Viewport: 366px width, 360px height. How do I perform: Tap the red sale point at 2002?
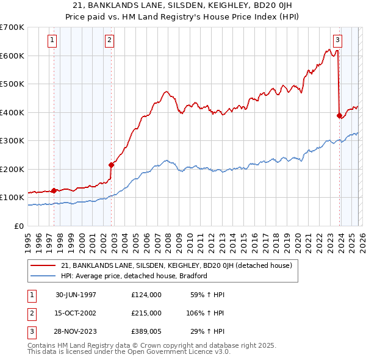click(112, 164)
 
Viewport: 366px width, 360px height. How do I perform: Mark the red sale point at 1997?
click(54, 190)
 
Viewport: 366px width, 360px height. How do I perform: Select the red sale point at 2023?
click(339, 115)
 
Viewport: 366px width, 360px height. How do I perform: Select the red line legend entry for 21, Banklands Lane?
click(177, 265)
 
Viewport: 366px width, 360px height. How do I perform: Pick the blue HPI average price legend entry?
click(134, 276)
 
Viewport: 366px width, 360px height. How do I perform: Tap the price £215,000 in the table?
click(146, 312)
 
